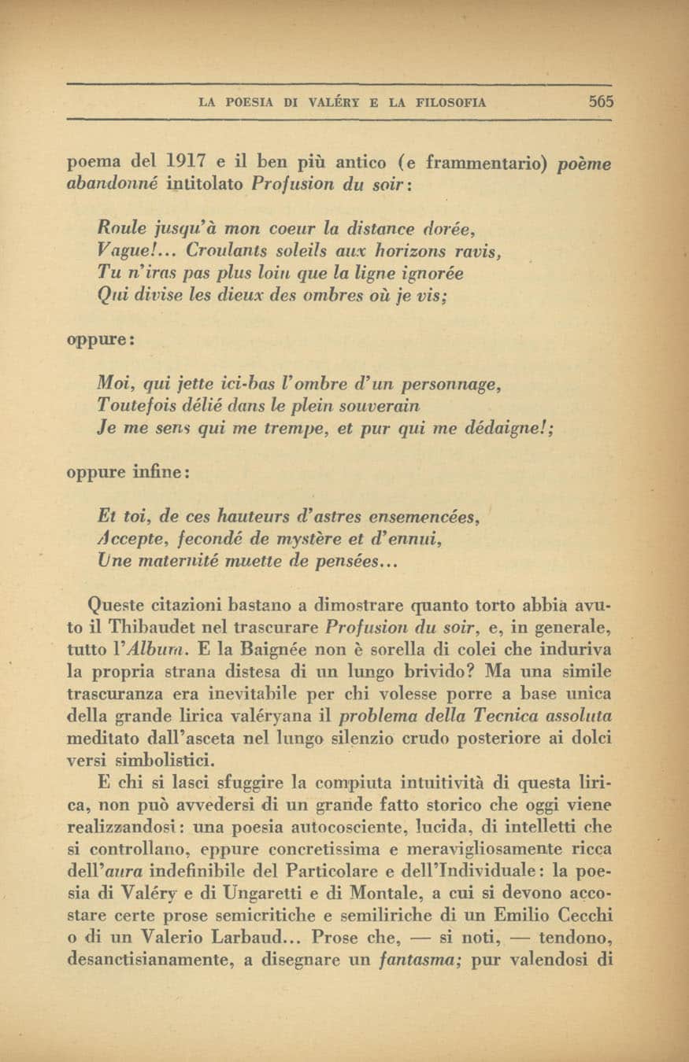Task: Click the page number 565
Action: [x=599, y=101]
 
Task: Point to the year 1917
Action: [x=187, y=164]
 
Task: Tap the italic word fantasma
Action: [x=423, y=960]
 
